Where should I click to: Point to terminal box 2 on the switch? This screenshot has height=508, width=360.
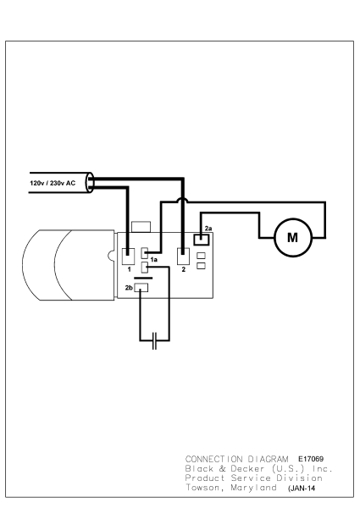point(182,255)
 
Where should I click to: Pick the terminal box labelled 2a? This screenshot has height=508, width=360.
point(201,239)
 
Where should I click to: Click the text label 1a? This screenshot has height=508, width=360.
point(154,259)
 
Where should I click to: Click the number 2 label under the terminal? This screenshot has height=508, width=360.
point(183,269)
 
